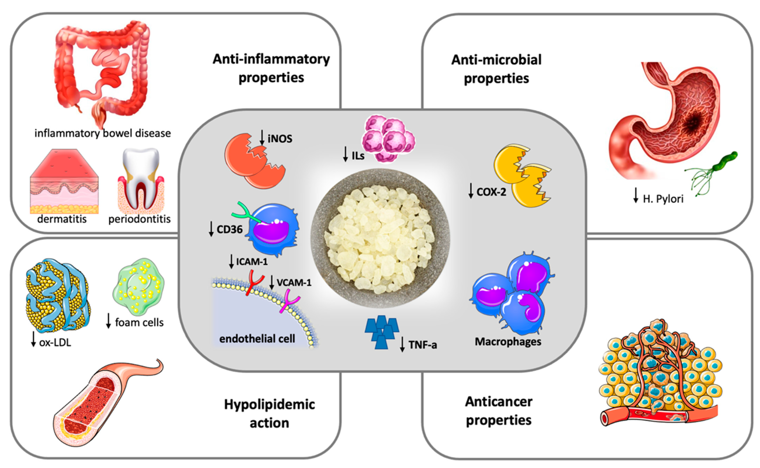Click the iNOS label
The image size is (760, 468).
point(280,139)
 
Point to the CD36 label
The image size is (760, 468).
point(229,229)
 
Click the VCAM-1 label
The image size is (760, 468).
point(294,283)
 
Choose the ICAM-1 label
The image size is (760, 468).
point(252,262)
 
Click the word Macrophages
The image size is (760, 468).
point(508,342)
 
